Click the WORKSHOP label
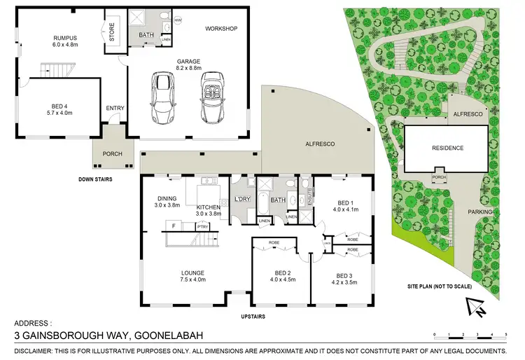pyautogui.click(x=222, y=29)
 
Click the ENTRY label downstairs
pyautogui.click(x=114, y=108)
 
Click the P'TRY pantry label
pyautogui.click(x=202, y=226)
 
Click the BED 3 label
pyautogui.click(x=346, y=275)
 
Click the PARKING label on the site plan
pyautogui.click(x=482, y=212)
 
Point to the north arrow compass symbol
pyautogui.click(x=475, y=305)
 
